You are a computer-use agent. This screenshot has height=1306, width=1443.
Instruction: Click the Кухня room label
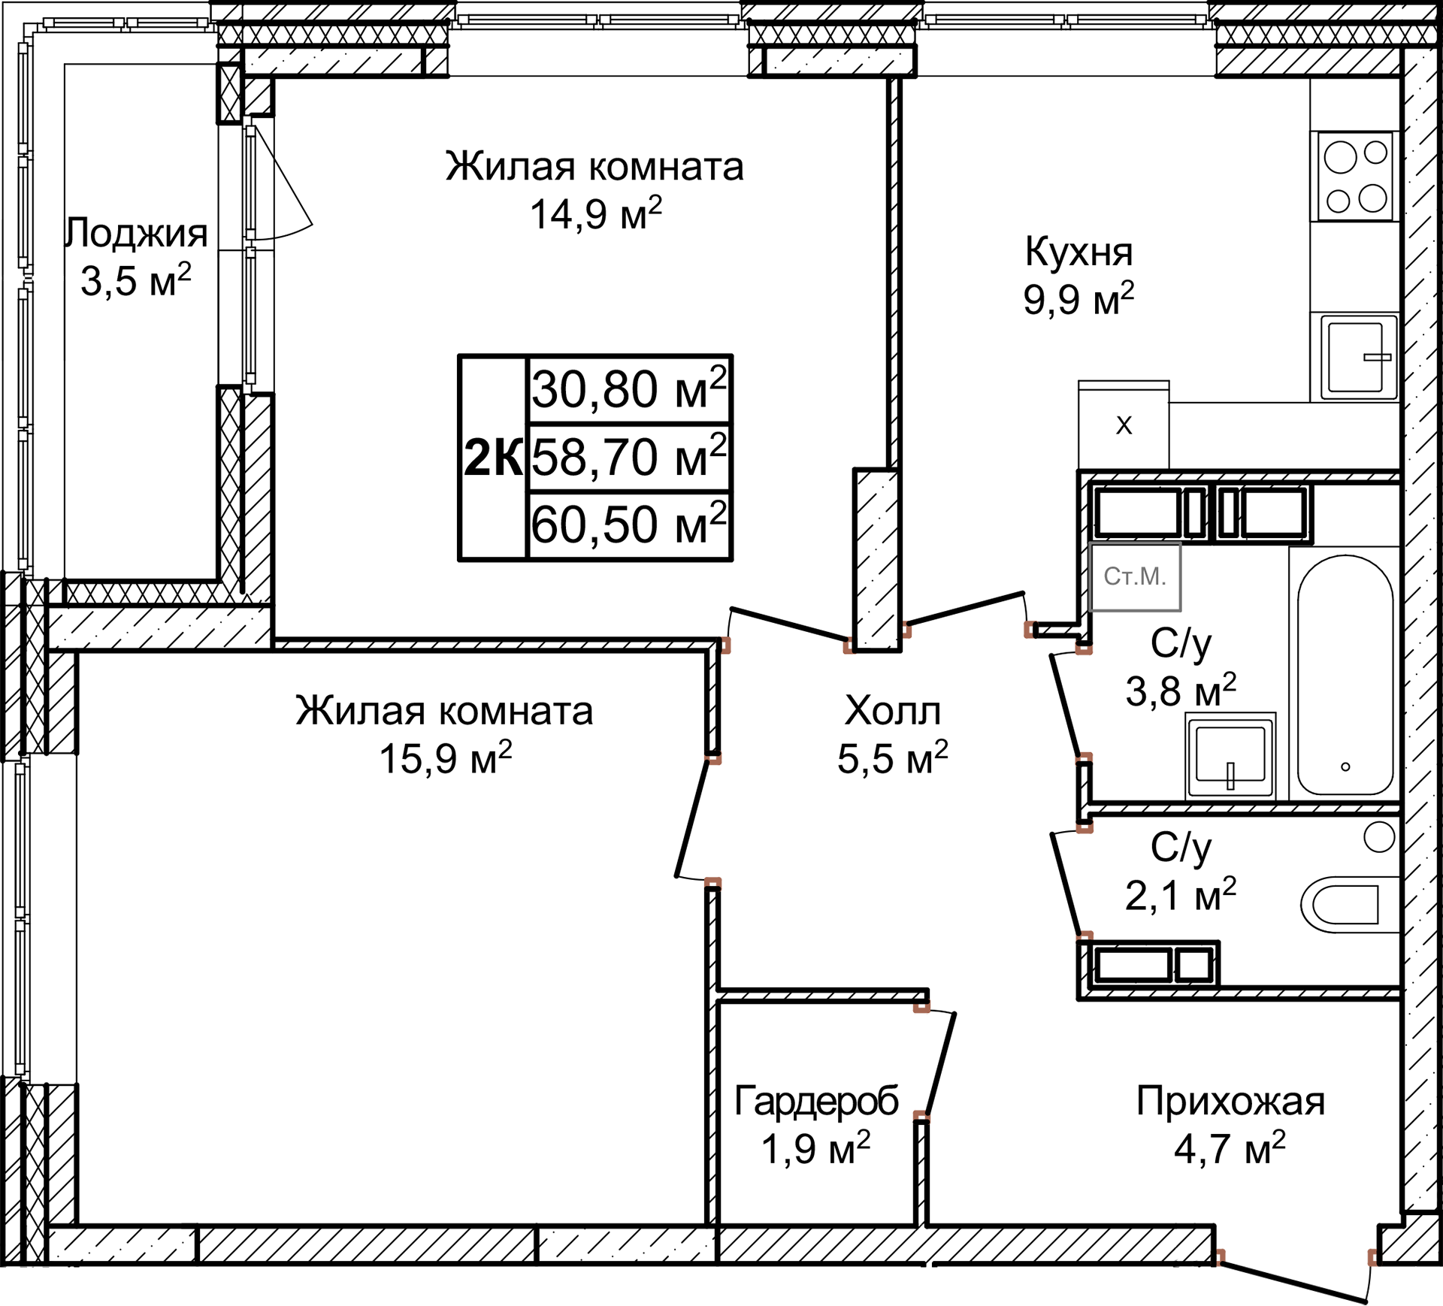(1078, 252)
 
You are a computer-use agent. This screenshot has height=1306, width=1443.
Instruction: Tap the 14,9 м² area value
(595, 215)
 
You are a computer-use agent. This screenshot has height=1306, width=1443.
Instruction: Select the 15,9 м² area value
(445, 759)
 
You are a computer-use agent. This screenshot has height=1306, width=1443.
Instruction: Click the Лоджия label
(137, 233)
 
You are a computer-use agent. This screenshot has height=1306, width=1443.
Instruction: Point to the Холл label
(892, 711)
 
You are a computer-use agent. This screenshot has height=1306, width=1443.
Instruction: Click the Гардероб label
(816, 1102)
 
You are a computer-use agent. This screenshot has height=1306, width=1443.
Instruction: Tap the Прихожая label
(1230, 1102)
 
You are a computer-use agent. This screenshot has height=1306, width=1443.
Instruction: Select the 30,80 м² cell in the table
(629, 389)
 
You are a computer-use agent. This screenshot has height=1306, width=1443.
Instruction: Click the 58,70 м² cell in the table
(629, 457)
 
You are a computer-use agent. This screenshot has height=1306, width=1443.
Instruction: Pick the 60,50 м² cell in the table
(629, 525)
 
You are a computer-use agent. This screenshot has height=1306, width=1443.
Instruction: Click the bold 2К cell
(493, 457)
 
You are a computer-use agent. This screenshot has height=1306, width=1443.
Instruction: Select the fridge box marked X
(1124, 425)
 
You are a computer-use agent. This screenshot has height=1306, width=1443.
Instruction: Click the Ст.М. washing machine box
(1135, 576)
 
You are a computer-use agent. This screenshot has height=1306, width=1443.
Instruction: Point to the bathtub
(1345, 675)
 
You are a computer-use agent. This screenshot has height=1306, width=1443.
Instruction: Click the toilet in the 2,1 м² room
(1349, 905)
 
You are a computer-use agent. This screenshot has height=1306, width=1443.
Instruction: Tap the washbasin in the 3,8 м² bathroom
(1230, 756)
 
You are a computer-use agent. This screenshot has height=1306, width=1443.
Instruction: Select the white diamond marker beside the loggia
(48, 278)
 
